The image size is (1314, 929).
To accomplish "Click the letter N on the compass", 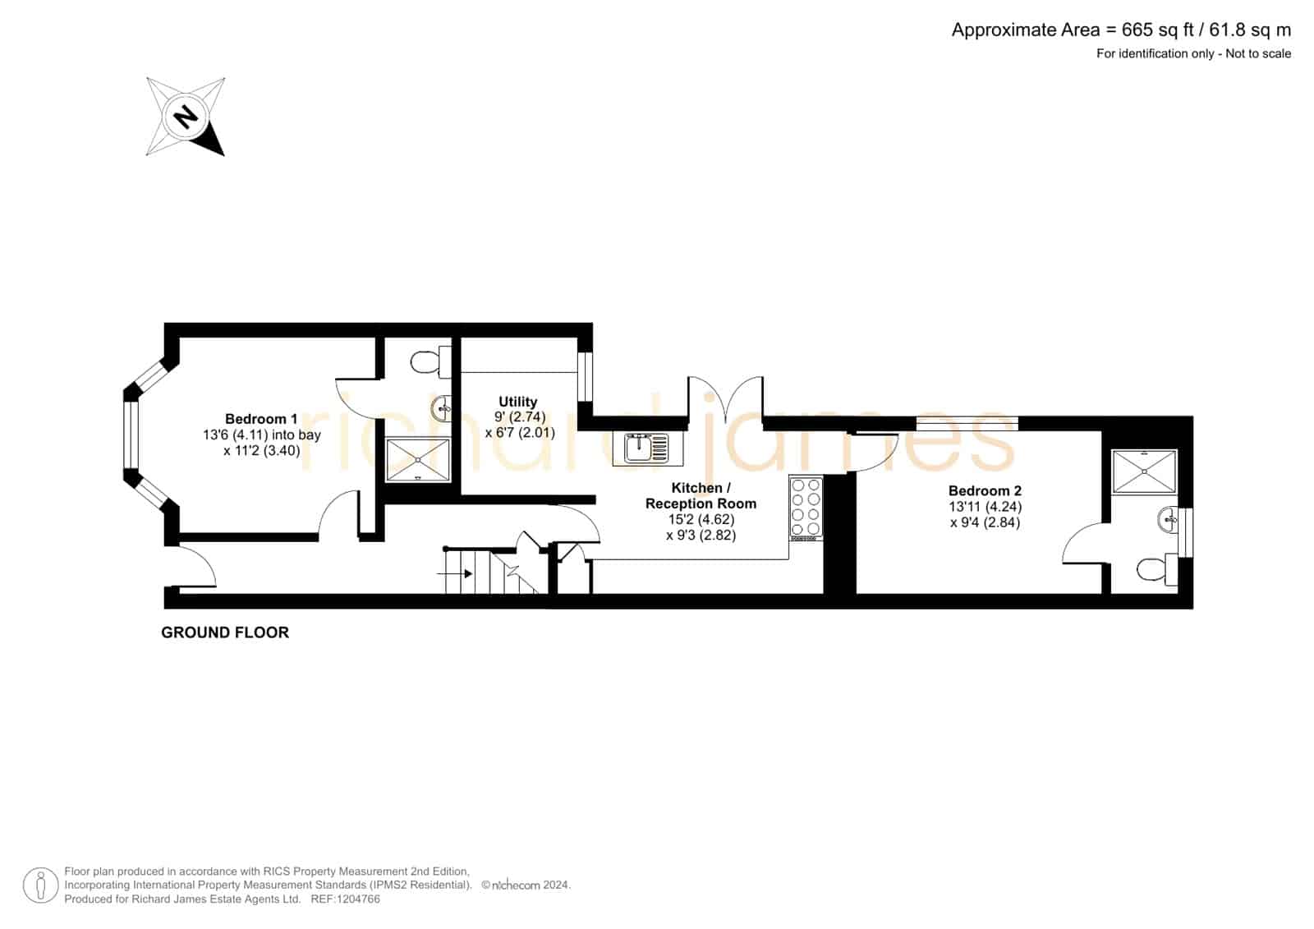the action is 186,116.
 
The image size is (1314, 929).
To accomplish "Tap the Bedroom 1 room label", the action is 261,419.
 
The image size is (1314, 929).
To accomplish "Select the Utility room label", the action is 518,402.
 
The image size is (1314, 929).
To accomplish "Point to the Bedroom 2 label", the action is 985,490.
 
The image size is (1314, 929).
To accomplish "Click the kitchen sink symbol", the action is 648,448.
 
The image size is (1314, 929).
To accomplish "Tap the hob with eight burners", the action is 806,508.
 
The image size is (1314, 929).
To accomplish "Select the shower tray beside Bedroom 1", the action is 418,459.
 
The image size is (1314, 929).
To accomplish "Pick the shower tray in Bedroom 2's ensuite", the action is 1145,471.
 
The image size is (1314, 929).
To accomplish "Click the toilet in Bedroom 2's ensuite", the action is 1156,568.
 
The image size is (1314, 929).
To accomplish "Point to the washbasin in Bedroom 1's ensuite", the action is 442,408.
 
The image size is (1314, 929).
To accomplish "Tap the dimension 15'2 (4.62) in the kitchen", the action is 701,519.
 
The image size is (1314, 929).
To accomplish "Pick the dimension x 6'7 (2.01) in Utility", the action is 520,433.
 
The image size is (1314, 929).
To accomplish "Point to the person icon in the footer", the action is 40,885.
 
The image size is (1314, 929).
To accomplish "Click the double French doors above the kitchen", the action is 726,399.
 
